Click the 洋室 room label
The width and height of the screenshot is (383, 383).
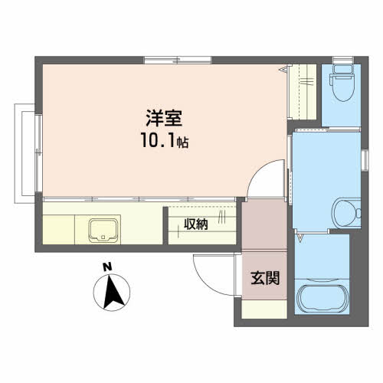click(x=164, y=118)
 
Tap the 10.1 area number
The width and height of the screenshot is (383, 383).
click(x=159, y=140)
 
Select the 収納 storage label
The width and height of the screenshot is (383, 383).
click(x=196, y=224)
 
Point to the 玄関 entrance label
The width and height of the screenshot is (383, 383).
click(x=265, y=278)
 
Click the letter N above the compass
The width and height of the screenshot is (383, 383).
click(x=107, y=267)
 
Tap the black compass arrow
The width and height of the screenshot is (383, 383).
click(x=113, y=291)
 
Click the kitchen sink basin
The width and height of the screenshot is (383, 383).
click(x=103, y=231)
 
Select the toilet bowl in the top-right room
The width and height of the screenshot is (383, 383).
click(x=343, y=83)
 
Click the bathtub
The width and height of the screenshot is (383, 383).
click(x=322, y=297)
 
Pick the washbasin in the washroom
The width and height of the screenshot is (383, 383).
click(x=346, y=213)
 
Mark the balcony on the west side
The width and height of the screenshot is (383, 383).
click(x=25, y=153)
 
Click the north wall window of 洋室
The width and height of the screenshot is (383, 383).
click(x=178, y=61)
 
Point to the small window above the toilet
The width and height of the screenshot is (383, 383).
click(x=343, y=60)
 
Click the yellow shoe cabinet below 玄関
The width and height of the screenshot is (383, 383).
click(x=264, y=309)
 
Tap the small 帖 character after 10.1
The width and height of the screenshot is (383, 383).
click(x=183, y=142)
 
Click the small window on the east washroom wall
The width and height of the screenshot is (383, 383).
click(x=365, y=160)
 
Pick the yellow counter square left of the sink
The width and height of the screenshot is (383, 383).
click(x=58, y=230)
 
